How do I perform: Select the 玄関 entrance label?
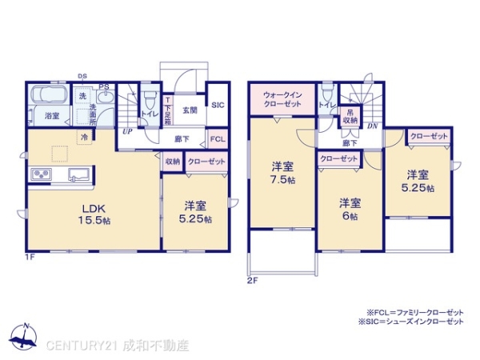[189, 110]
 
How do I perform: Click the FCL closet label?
[218, 139]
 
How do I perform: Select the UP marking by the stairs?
[127, 131]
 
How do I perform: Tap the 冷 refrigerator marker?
[84, 138]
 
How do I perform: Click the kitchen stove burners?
[41, 174]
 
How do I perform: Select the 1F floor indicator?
[31, 258]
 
